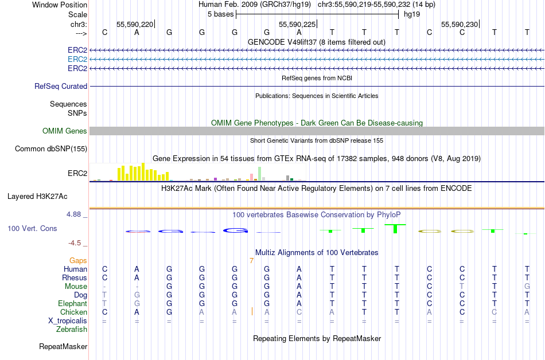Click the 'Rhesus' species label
75,277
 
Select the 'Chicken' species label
74,312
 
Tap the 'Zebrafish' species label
72,330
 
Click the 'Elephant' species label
72,303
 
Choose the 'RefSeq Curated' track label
61,86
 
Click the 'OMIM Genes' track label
65,131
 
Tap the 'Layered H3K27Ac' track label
37,196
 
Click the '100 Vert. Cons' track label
32,228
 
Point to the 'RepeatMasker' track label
63,347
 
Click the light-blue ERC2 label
77,59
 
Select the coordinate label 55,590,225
297,25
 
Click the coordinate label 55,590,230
459,25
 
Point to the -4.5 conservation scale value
77,242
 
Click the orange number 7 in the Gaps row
251,261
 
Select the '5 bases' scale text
220,14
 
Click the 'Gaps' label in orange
78,260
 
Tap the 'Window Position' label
60,5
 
